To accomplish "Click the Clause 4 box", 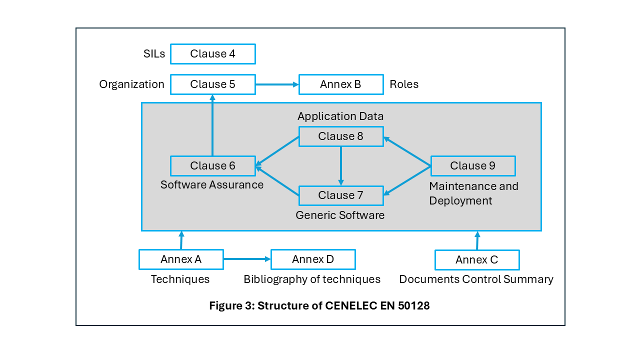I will [x=212, y=54].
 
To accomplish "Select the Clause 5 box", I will [x=212, y=84].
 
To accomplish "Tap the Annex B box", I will [x=340, y=84].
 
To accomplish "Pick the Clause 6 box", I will [x=212, y=165].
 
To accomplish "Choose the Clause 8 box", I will [x=341, y=136].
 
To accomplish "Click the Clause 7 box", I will [x=341, y=195].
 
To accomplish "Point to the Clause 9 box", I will [x=472, y=165].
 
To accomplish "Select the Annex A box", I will [x=181, y=259].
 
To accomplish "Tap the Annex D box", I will [x=313, y=259].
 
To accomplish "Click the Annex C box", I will [x=477, y=259].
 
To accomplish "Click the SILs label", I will [x=153, y=54].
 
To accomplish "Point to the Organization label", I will [x=131, y=84].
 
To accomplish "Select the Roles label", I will [x=404, y=84].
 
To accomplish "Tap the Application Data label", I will [x=340, y=116].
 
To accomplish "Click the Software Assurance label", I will [x=212, y=184].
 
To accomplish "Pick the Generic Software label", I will [x=340, y=215].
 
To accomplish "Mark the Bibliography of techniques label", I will [x=312, y=279].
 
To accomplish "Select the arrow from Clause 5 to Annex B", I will [x=277, y=84].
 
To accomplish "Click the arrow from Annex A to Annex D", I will [x=247, y=259].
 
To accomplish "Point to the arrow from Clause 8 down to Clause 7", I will [x=341, y=165].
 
